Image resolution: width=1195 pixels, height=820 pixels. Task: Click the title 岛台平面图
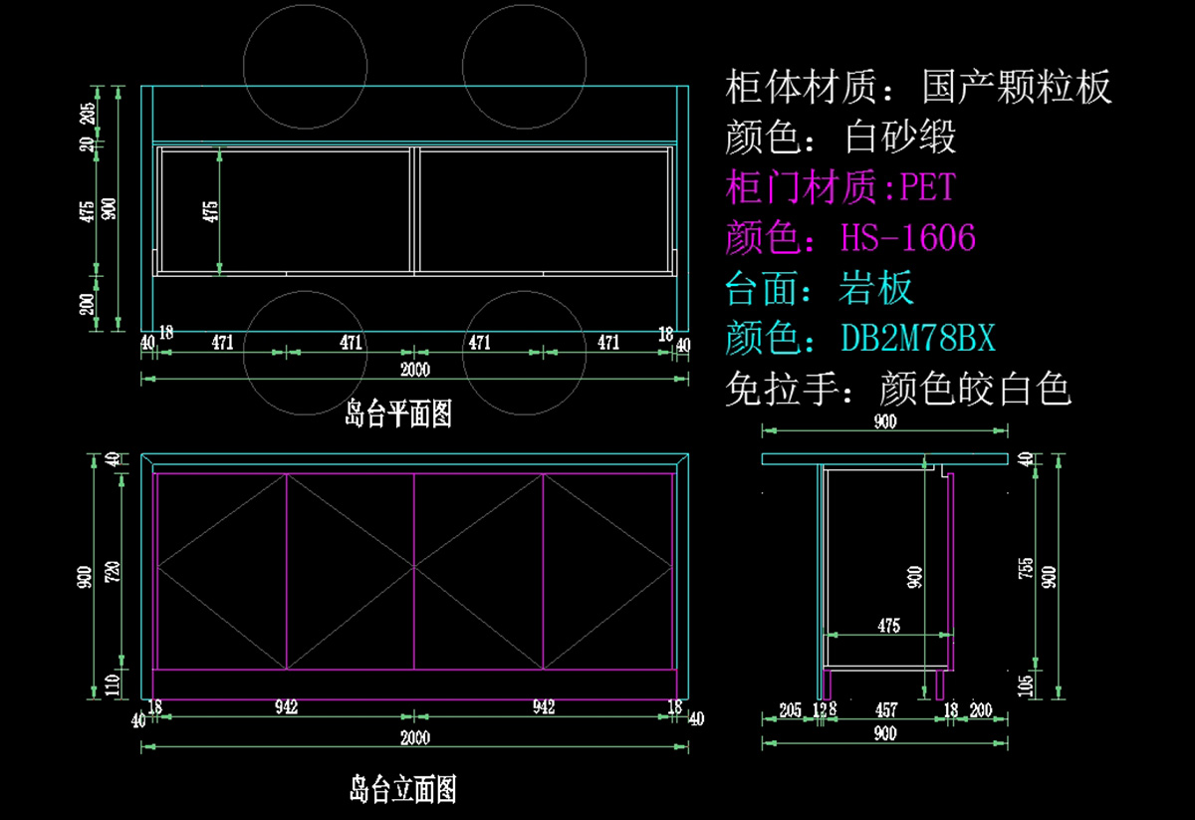[398, 413]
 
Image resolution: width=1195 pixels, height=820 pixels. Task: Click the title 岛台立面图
[403, 789]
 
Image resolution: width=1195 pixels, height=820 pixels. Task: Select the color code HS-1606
[908, 237]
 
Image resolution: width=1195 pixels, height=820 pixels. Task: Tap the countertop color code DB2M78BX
[918, 338]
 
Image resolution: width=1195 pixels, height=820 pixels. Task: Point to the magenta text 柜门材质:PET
[840, 187]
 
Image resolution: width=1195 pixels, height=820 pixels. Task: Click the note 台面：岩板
[819, 288]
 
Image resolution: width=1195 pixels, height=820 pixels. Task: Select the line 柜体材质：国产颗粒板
[918, 87]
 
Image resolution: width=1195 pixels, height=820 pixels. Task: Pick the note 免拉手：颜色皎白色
[898, 389]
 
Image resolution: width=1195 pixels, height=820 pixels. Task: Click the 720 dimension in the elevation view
[114, 572]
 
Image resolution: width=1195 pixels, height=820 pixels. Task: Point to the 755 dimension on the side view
[1026, 568]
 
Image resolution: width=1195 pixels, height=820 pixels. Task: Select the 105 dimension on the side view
[1026, 686]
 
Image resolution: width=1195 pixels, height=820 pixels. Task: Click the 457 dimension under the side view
[886, 710]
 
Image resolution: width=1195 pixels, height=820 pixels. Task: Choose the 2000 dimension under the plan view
[415, 370]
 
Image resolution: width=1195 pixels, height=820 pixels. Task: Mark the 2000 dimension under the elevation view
[415, 737]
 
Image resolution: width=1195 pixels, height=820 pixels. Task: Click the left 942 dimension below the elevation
[287, 706]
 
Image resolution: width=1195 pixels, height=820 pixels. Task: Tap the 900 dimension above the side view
[885, 421]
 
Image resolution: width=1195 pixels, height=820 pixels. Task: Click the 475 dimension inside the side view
[888, 625]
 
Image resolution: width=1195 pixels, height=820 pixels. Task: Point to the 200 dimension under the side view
[981, 710]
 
